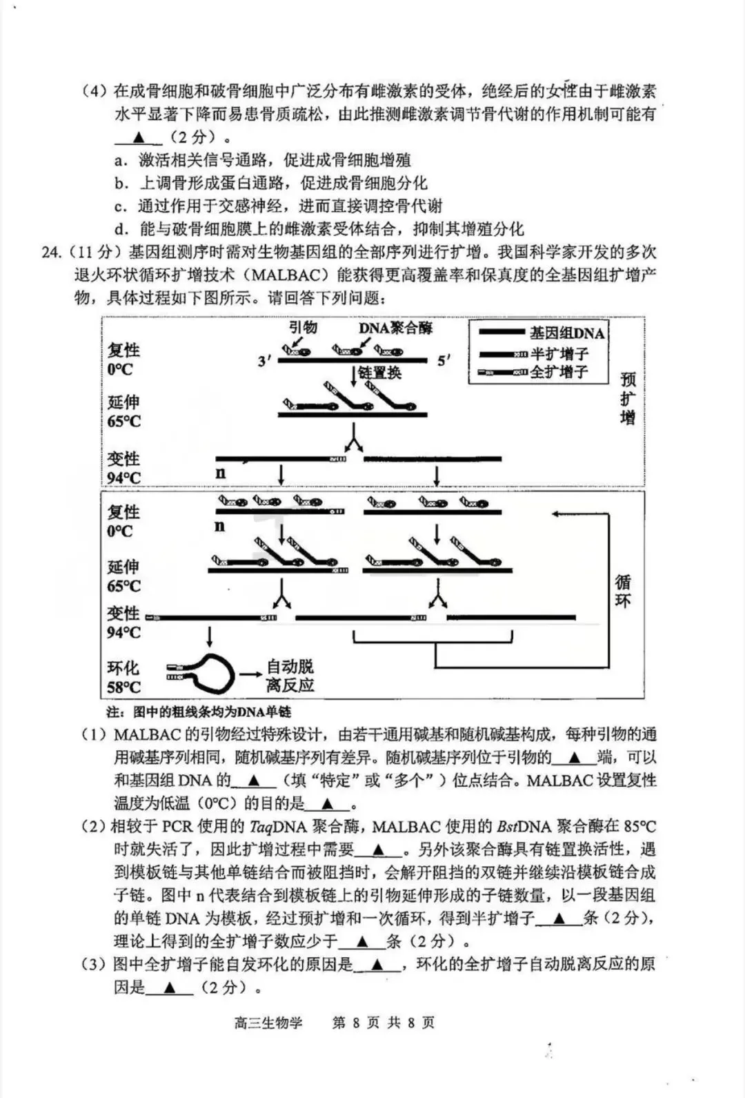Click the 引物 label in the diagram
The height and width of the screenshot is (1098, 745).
[302, 326]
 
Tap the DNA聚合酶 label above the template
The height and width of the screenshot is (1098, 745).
[395, 328]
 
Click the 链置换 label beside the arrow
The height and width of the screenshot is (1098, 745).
[380, 373]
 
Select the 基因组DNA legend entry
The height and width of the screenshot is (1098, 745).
[566, 333]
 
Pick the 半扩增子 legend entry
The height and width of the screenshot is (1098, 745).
[559, 354]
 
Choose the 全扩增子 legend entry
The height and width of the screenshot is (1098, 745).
[559, 372]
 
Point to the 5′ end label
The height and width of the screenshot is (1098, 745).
[444, 360]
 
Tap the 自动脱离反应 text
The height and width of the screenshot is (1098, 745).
[290, 676]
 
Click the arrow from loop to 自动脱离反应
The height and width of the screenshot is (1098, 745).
[249, 675]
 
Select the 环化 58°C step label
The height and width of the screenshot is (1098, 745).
[123, 677]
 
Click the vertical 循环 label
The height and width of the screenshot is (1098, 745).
[623, 591]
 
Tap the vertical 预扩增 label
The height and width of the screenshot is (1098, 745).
[628, 398]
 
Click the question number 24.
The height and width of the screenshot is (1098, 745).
[51, 251]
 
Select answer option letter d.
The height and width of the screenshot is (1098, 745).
[121, 229]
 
